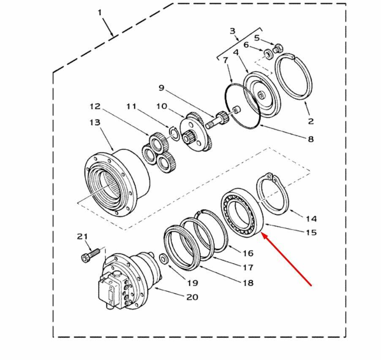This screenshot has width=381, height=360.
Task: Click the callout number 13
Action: click(x=95, y=122)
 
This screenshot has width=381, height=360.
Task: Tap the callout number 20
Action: click(x=192, y=297)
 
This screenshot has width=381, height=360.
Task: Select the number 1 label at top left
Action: click(x=100, y=13)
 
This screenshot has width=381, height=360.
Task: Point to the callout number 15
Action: click(x=311, y=233)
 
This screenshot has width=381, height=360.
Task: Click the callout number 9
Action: click(x=162, y=88)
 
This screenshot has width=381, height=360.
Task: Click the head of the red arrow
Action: click(x=264, y=235)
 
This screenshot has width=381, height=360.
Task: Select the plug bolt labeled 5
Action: click(x=278, y=48)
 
